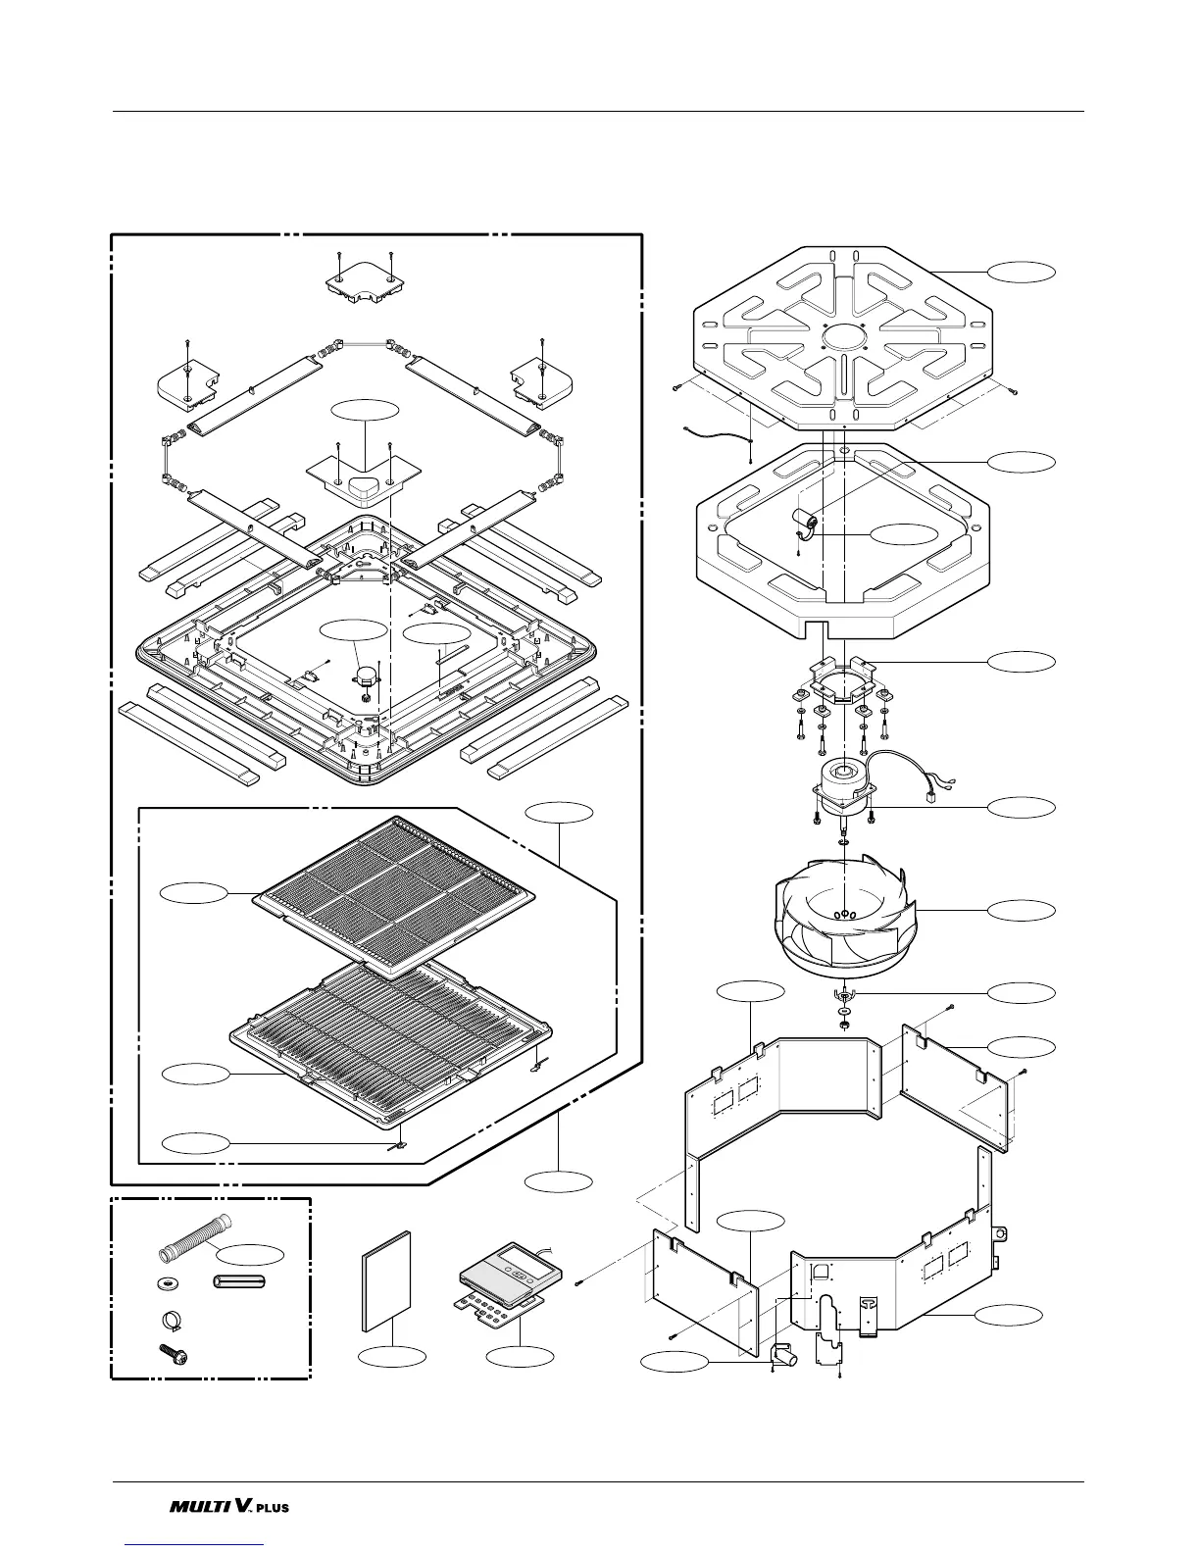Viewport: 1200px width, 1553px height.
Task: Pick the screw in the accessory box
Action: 173,1356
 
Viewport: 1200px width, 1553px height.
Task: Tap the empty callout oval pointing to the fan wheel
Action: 1022,911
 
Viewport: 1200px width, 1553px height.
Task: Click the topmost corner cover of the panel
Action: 364,285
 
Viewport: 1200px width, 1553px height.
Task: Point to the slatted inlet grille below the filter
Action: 392,1039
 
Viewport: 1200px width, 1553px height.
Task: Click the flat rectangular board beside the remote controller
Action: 386,1279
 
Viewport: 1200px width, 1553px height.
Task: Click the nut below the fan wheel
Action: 843,1026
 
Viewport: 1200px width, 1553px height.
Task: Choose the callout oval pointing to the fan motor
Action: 1022,808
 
